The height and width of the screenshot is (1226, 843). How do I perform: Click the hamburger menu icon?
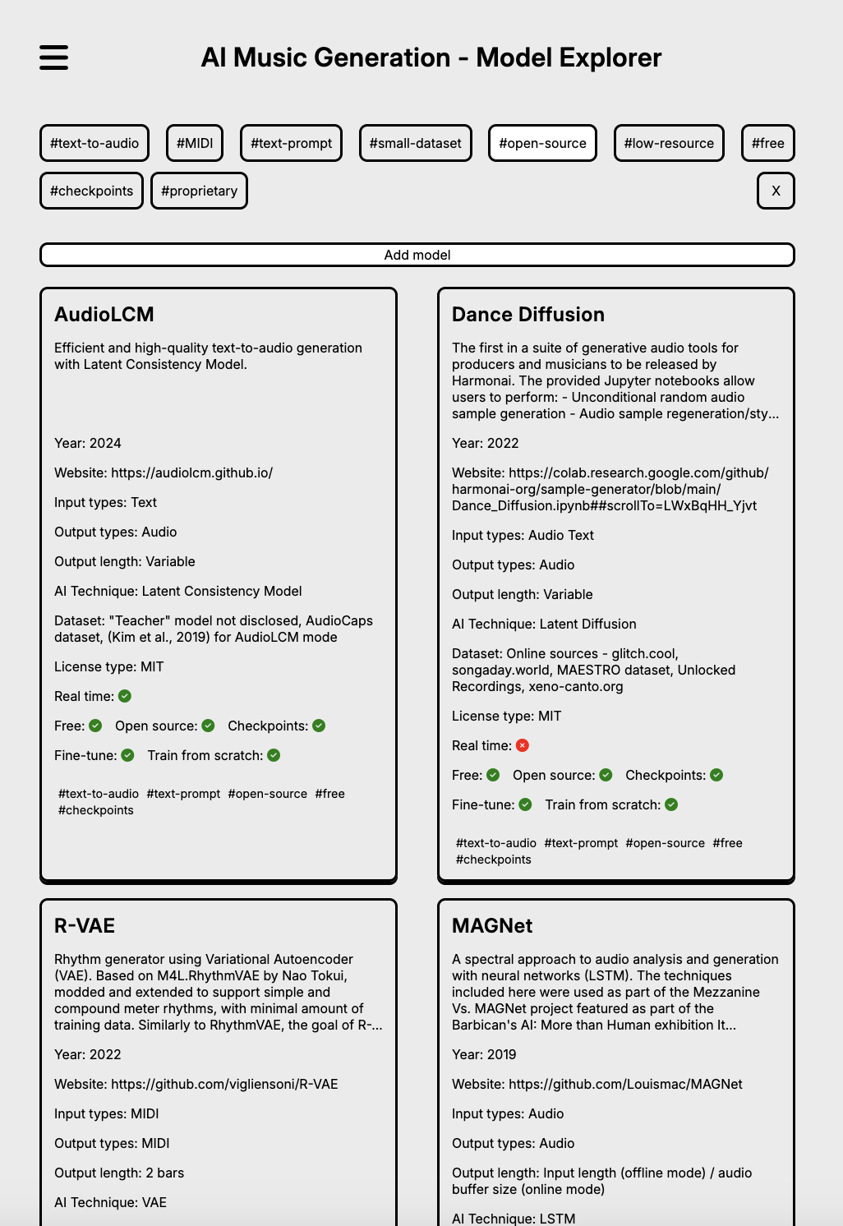[x=54, y=58]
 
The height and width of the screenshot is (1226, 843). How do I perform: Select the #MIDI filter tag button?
[x=195, y=143]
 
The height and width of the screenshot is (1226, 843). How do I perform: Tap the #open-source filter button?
[x=542, y=143]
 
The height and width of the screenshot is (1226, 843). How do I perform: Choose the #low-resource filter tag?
[x=669, y=143]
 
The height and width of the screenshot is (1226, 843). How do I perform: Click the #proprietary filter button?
[x=199, y=191]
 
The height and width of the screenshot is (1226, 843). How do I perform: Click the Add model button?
[x=417, y=255]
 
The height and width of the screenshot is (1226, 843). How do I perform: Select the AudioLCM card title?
[x=104, y=315]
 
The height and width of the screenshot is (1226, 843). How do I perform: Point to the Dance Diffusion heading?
[x=528, y=315]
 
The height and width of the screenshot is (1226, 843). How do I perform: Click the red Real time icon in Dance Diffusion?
[x=523, y=745]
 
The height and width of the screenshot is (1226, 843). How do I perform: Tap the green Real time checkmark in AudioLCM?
[x=125, y=696]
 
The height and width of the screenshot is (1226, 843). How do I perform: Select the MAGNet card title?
[x=492, y=926]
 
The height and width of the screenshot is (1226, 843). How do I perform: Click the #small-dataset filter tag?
[x=416, y=143]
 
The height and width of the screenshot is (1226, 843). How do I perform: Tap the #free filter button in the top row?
[x=767, y=143]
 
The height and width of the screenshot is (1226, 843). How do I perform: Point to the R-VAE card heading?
[x=85, y=926]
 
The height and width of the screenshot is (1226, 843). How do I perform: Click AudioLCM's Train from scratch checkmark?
[x=274, y=755]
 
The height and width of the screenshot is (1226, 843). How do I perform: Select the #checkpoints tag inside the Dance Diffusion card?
[x=494, y=860]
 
